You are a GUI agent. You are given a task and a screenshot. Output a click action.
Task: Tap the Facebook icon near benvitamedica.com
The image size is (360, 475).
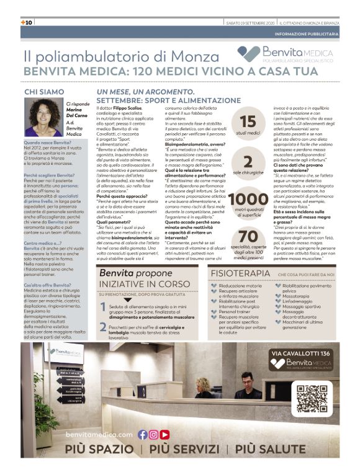tap(143, 435)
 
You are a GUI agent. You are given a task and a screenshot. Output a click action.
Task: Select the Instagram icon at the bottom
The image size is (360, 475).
tap(154, 435)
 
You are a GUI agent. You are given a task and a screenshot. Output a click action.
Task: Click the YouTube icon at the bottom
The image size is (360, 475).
tap(165, 435)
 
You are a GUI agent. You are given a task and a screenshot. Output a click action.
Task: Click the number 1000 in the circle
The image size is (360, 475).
tap(248, 199)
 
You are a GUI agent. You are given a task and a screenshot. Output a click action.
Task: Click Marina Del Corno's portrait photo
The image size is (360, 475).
tap(46, 118)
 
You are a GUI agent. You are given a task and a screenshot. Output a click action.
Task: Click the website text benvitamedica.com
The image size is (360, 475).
tap(99, 435)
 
